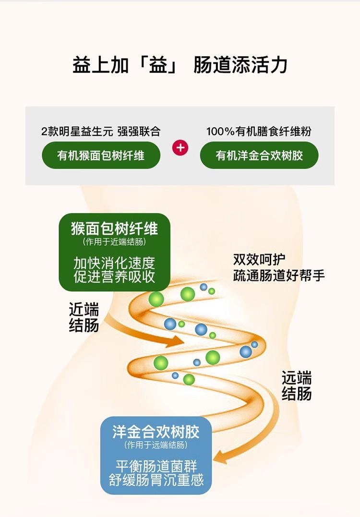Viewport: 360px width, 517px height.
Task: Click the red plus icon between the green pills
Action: click(x=180, y=148)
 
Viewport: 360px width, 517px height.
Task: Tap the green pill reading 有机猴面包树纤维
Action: click(x=101, y=155)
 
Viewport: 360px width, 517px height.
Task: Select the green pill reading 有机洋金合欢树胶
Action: click(x=259, y=155)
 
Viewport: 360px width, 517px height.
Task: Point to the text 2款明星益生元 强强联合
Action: click(x=101, y=131)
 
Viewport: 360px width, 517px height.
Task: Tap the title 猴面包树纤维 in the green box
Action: click(x=114, y=228)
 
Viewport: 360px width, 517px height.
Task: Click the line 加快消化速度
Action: click(x=114, y=263)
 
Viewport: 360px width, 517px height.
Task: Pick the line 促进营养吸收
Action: click(x=114, y=277)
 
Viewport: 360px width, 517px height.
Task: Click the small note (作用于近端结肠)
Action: click(x=114, y=242)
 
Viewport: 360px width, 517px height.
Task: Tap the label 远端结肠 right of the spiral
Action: click(x=297, y=386)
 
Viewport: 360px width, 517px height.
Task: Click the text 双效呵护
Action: click(x=259, y=260)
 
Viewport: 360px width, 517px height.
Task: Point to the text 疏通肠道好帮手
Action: click(x=279, y=275)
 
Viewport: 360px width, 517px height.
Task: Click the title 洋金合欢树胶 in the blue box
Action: click(x=156, y=431)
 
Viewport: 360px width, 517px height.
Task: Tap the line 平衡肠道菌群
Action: click(x=156, y=466)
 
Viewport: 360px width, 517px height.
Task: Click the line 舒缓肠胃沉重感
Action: click(x=156, y=480)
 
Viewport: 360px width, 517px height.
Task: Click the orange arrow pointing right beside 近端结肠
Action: click(x=144, y=334)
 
